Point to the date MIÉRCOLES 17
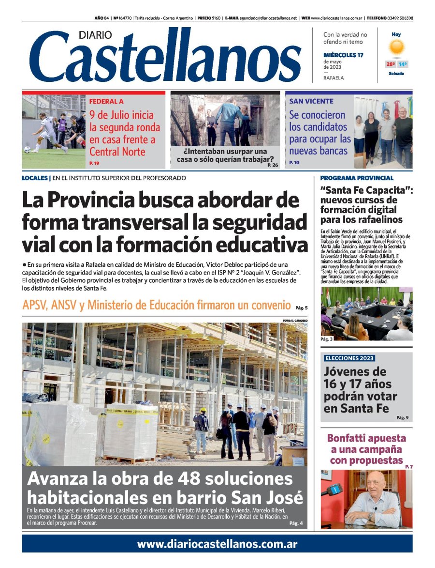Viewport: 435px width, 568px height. tap(343, 55)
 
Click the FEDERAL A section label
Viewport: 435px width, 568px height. tap(106, 101)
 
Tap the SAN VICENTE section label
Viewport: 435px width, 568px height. tap(311, 101)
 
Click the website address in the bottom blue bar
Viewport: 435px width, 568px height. tap(217, 544)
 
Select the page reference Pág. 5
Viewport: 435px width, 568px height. tap(301, 307)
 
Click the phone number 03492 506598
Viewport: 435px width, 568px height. tap(400, 18)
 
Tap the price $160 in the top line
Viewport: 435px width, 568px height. tap(216, 18)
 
